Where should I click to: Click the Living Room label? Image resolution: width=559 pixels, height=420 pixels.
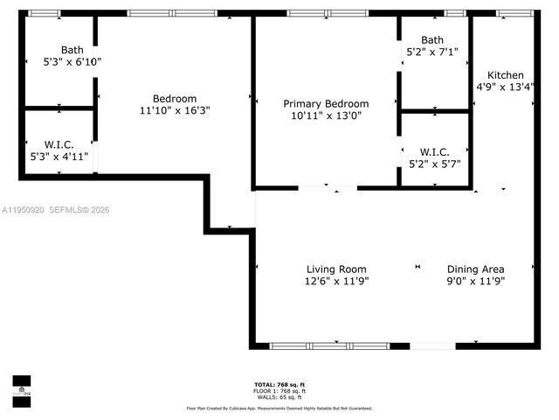335,269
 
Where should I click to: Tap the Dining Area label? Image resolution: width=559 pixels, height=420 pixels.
476,269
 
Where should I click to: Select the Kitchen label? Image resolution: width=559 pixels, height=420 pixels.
506,74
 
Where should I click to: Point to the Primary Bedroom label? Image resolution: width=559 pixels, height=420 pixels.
325,103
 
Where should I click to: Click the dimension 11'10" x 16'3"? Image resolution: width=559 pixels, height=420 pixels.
175,111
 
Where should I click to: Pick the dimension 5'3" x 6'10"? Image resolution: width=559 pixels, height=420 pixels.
72,62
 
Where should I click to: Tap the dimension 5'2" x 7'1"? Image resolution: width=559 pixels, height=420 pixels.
432,52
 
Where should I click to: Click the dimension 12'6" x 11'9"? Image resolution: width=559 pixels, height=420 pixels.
335,281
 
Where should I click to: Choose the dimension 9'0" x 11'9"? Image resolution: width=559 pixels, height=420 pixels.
476,281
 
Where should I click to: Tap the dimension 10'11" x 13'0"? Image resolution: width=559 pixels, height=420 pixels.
325,115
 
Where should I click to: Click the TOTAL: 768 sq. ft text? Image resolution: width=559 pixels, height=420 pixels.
279,385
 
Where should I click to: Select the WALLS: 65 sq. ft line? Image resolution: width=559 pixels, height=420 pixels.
279,396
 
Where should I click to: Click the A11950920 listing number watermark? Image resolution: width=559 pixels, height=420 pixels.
24,210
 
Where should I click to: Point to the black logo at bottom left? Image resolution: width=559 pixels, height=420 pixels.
21,388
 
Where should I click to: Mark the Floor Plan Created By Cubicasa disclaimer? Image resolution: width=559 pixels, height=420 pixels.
279,408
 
